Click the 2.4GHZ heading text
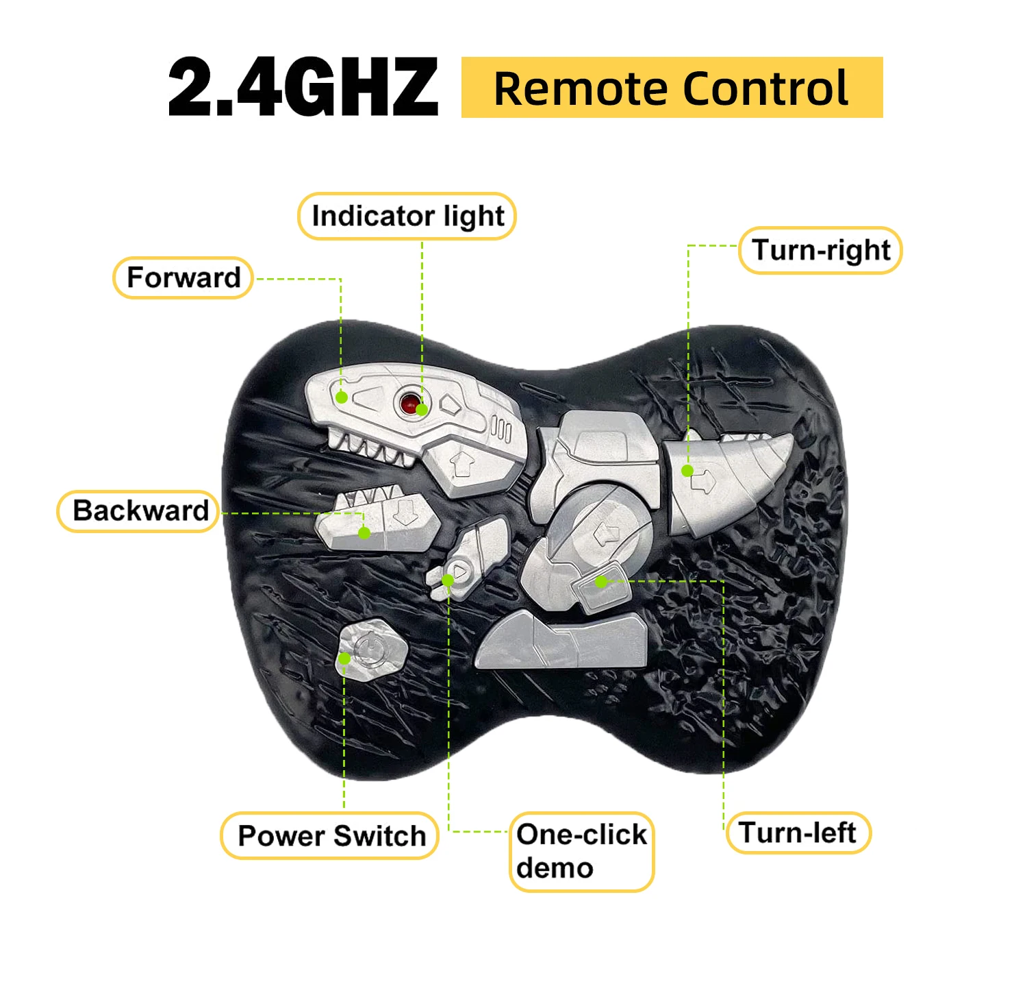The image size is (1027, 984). (303, 88)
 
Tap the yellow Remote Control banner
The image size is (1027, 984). (671, 88)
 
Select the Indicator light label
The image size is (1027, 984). (407, 217)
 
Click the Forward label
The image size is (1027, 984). (183, 278)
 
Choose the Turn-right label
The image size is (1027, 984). (820, 250)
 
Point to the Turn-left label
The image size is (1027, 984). (798, 833)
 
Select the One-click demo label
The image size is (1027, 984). (581, 852)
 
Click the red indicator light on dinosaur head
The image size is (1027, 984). (409, 403)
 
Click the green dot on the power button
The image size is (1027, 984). (344, 659)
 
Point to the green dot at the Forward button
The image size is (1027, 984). (342, 397)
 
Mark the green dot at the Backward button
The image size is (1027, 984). (364, 532)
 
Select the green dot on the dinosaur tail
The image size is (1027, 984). (687, 471)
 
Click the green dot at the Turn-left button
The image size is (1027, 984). (600, 582)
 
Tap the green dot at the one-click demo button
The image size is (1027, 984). (448, 580)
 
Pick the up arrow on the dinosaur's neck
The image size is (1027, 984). (464, 464)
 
